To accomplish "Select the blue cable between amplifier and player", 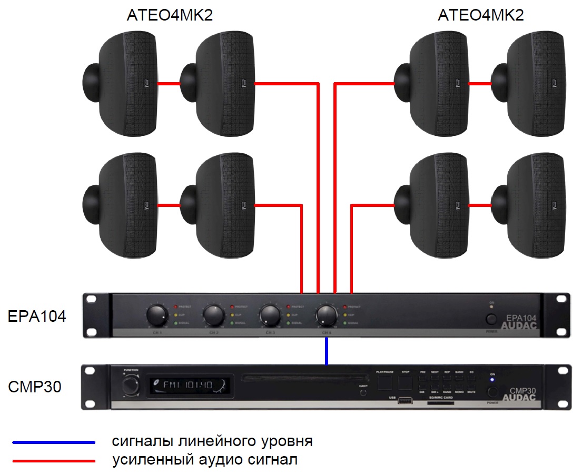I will pos(327,351).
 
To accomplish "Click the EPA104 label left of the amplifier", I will pos(37,317).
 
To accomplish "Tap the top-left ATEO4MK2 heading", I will pos(170,15).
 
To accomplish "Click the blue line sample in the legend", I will pos(54,442).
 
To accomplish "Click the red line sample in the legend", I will pos(54,461).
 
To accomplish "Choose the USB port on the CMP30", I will pos(405,402).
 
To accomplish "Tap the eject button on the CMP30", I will pos(362,392).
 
